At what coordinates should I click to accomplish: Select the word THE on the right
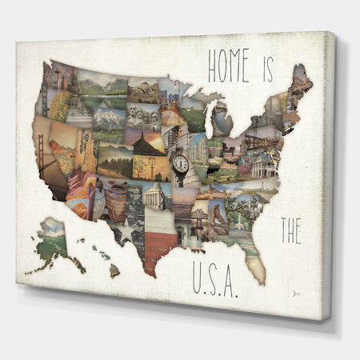290,231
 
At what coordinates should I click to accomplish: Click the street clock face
181,163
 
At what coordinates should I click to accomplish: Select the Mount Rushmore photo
144,118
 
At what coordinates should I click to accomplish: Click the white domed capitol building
154,195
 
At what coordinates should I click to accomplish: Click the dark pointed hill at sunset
149,144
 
